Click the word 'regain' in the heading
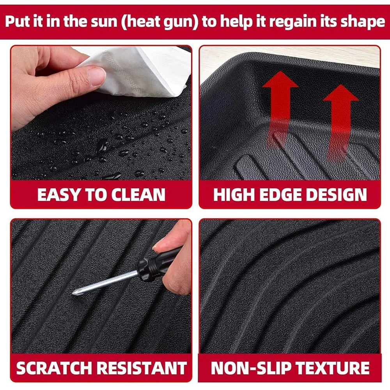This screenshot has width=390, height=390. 295,22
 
